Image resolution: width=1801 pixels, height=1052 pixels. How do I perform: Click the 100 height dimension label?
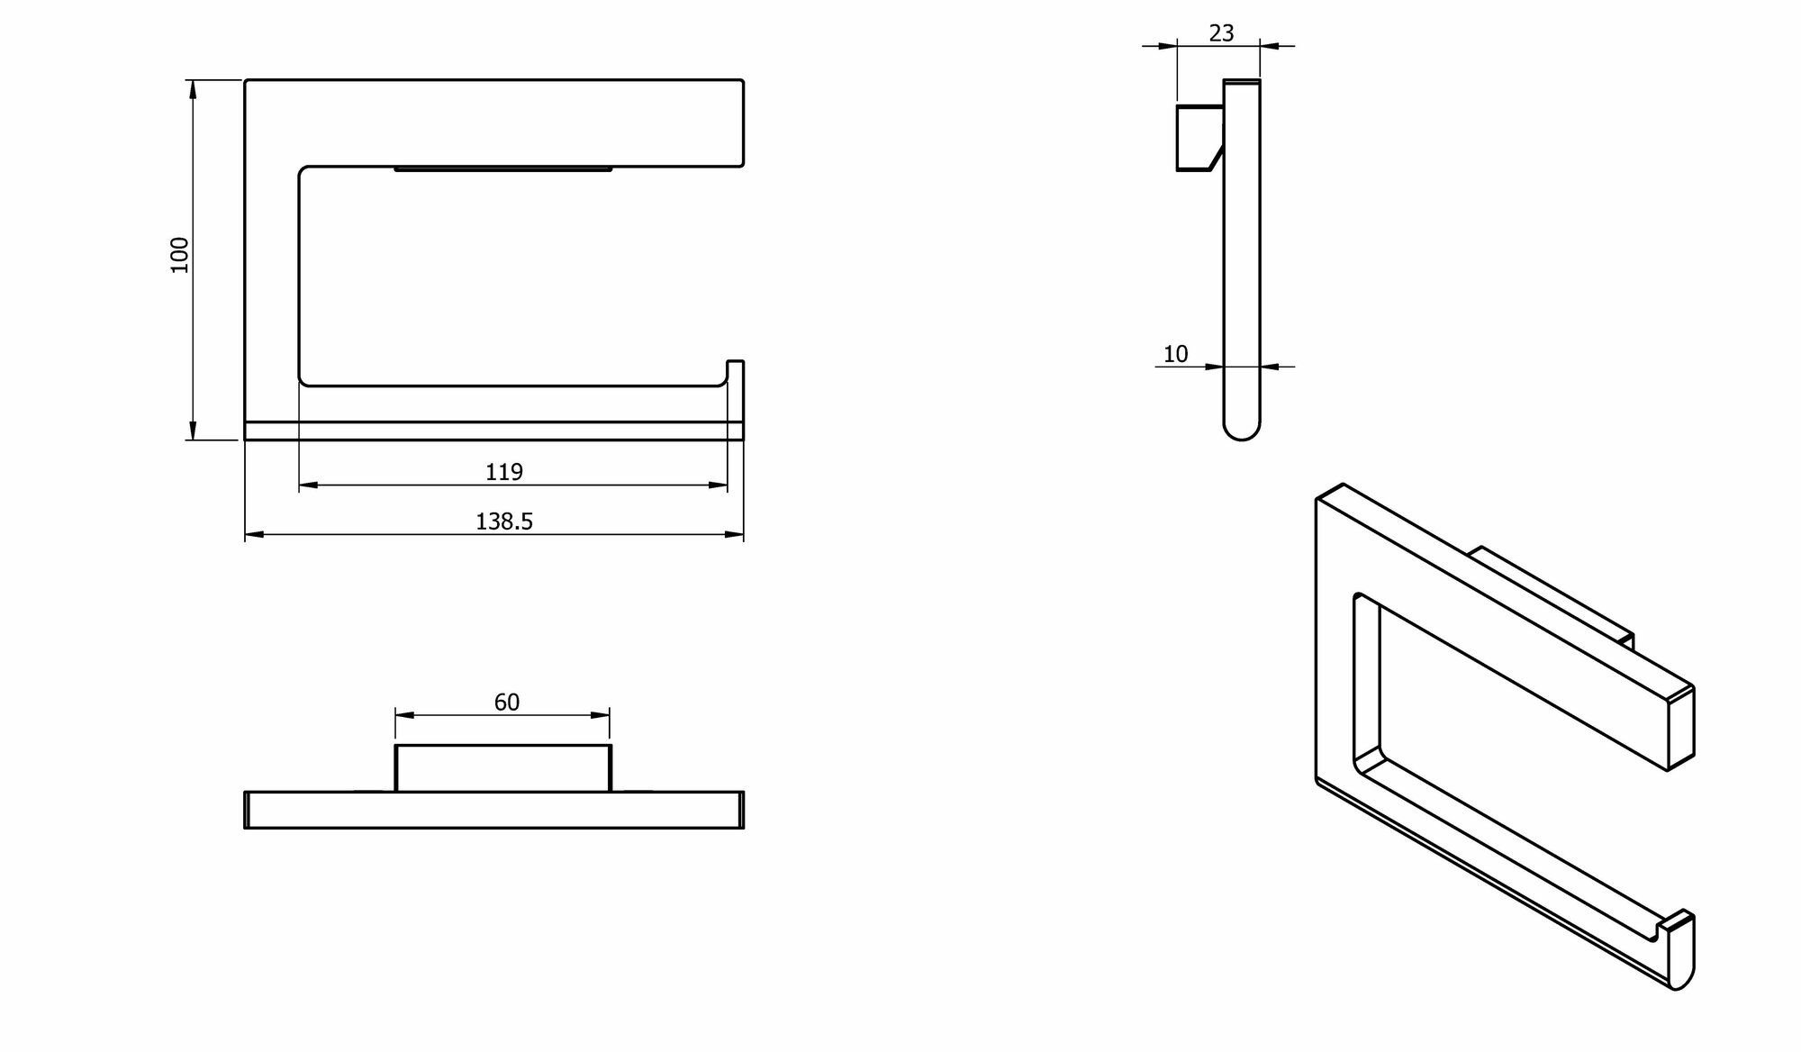[x=180, y=255]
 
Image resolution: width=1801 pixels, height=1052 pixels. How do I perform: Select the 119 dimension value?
[x=504, y=471]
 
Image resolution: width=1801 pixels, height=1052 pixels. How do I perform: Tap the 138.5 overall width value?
[x=504, y=521]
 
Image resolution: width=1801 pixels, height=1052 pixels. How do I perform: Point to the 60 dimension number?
[x=507, y=702]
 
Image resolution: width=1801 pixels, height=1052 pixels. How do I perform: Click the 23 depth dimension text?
[x=1221, y=33]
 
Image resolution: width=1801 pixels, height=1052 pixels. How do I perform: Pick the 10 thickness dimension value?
[x=1176, y=354]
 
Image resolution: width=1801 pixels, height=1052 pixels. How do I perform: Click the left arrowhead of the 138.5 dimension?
[x=253, y=535]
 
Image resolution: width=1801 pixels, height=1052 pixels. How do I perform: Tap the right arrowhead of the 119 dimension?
[x=719, y=485]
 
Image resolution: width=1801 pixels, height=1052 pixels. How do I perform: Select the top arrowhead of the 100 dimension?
[x=191, y=88]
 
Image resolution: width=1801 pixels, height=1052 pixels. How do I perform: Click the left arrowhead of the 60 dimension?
[x=403, y=715]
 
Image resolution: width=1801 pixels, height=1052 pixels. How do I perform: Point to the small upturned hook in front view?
[x=735, y=372]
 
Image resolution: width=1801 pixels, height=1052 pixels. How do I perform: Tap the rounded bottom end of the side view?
[x=1242, y=431]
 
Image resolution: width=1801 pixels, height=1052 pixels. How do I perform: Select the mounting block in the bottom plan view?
[x=502, y=768]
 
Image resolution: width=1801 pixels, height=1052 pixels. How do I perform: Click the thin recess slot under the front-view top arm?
[x=503, y=168]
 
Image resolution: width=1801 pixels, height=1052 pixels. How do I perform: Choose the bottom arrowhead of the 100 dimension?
[x=191, y=431]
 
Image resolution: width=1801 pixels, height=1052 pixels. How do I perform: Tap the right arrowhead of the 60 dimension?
[x=602, y=715]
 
